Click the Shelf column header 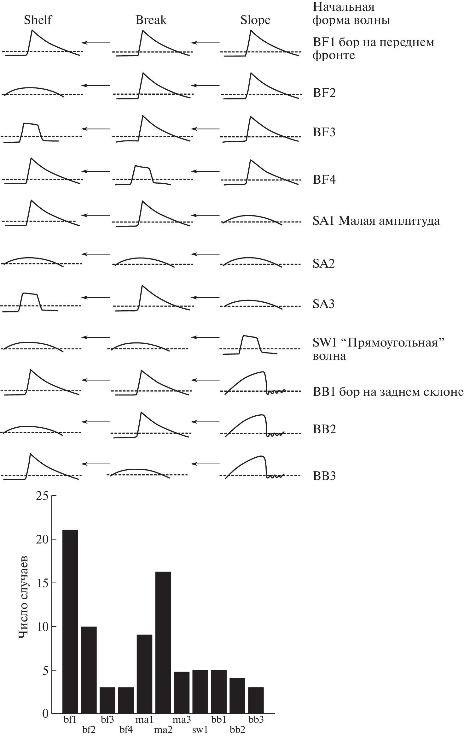click(38, 20)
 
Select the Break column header click(151, 20)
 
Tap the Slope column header click(255, 20)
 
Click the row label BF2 click(324, 93)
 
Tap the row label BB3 click(324, 476)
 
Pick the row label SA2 click(323, 263)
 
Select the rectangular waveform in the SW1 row click(250, 345)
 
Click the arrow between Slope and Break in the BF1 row click(206, 42)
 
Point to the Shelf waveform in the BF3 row click(31, 133)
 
